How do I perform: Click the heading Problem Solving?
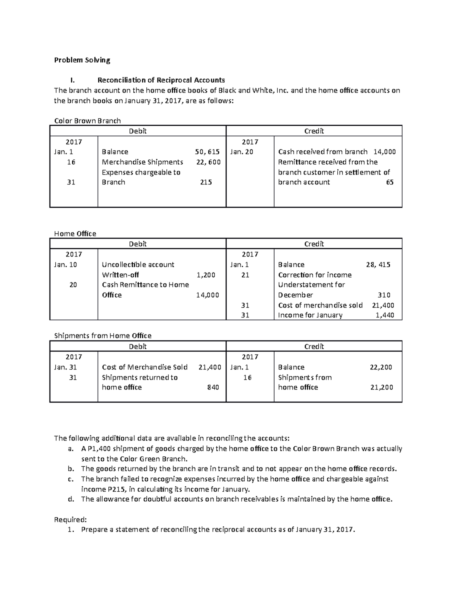(82, 60)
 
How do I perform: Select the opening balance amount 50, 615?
(207, 152)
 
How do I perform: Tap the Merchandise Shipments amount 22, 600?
(208, 162)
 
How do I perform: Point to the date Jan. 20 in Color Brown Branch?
(242, 152)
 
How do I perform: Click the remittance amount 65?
(390, 182)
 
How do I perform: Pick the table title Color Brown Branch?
(87, 121)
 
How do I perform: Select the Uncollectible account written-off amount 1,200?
(206, 275)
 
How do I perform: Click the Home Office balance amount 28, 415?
(378, 264)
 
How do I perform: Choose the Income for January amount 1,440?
(384, 315)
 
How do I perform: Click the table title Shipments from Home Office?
(103, 336)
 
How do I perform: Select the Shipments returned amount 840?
(213, 387)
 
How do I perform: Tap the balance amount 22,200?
(381, 367)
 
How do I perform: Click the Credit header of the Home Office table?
(314, 244)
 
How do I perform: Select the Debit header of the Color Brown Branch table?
(138, 131)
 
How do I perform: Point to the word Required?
(68, 520)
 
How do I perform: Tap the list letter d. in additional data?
(70, 499)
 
